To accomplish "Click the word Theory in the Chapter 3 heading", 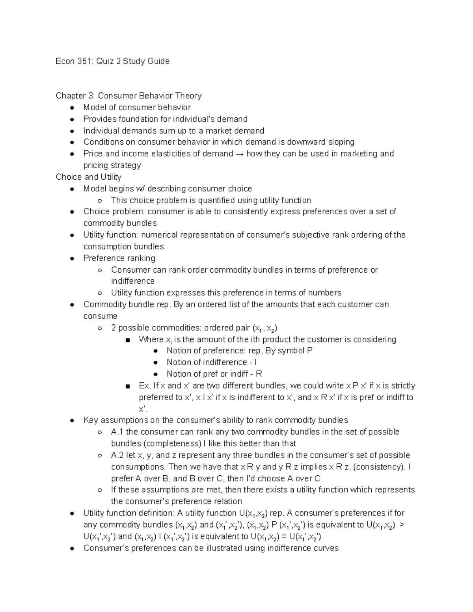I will click(x=188, y=96).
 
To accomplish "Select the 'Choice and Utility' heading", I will click(x=88, y=177).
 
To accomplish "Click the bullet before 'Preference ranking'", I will click(x=72, y=259).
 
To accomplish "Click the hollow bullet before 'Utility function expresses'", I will click(x=100, y=293).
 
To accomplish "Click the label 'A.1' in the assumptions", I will click(x=117, y=432).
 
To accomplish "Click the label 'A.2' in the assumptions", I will click(x=117, y=455).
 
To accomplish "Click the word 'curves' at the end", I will click(x=326, y=548).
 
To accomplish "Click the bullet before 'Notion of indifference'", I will click(x=156, y=363).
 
